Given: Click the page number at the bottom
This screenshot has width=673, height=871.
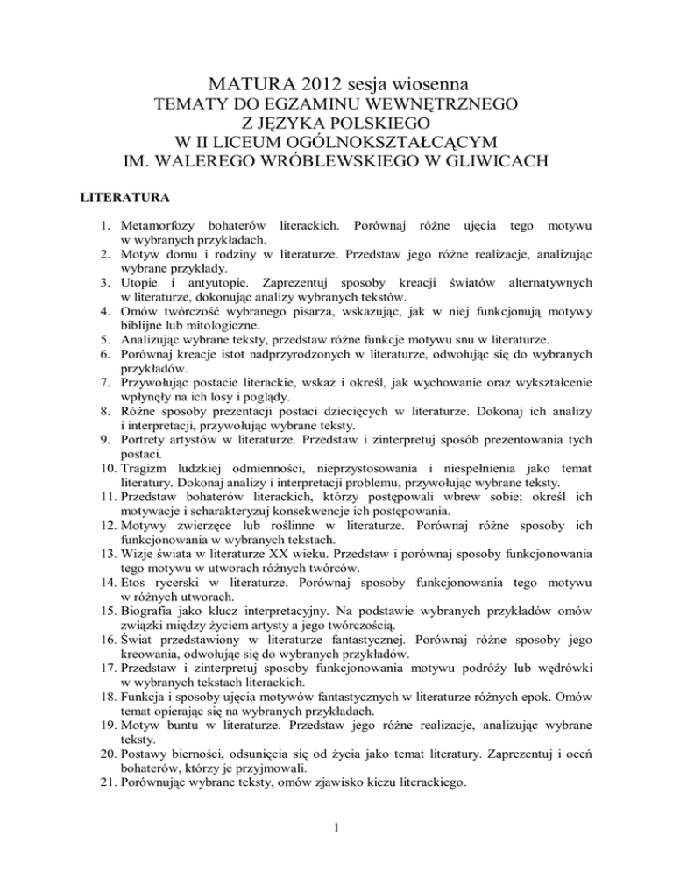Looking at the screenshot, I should (x=336, y=853).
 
